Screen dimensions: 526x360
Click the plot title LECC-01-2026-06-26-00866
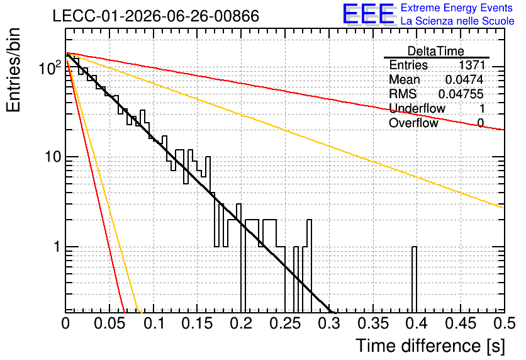[x=156, y=16]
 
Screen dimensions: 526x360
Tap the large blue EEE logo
[x=369, y=14]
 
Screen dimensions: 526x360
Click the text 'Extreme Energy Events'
[x=457, y=8]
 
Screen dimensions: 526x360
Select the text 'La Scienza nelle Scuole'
[x=457, y=21]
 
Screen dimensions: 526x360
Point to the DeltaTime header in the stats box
[x=436, y=51]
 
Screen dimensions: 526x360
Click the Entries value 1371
[x=472, y=65]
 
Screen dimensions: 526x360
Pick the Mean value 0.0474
[x=464, y=79]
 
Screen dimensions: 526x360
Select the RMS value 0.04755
[x=461, y=94]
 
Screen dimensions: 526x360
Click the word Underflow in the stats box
[x=417, y=108]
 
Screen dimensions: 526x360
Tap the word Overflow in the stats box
[x=413, y=123]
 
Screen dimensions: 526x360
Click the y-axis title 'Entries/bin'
[x=14, y=70]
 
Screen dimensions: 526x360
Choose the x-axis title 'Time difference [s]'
[x=430, y=346]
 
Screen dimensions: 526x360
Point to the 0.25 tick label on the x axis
[x=285, y=323]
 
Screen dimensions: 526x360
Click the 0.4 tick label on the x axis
[x=417, y=323]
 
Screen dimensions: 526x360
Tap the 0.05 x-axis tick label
[x=109, y=323]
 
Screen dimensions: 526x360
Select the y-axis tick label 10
[x=53, y=157]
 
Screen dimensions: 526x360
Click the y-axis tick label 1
[x=57, y=247]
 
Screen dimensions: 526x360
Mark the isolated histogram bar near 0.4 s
[x=414, y=278]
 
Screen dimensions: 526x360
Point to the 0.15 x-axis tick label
[x=198, y=323]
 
